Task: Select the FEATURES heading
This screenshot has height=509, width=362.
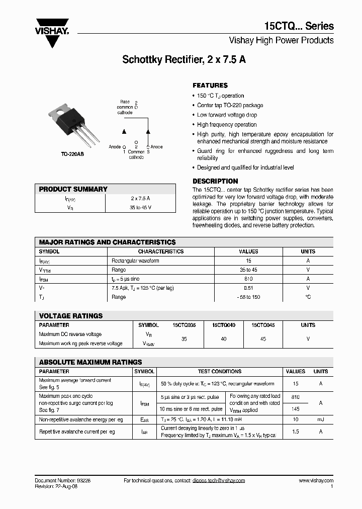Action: [210, 86]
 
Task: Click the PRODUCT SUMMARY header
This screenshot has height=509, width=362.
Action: [73, 189]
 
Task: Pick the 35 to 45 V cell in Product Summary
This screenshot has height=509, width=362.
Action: [140, 207]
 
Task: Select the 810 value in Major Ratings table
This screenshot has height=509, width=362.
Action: [248, 279]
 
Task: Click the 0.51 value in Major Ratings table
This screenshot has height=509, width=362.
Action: [248, 288]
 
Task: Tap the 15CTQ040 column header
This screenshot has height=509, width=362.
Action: [223, 325]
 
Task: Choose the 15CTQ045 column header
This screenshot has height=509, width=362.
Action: [263, 325]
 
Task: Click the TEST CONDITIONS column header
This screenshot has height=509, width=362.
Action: [219, 372]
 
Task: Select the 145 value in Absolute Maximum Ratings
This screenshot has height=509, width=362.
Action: [295, 409]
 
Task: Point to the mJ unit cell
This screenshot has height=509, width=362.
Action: [321, 419]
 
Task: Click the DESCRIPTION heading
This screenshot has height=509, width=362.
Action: [215, 181]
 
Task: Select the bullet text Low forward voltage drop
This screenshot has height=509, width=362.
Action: [227, 115]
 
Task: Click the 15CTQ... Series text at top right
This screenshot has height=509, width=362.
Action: [299, 27]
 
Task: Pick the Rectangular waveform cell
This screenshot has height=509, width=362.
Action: [135, 261]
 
